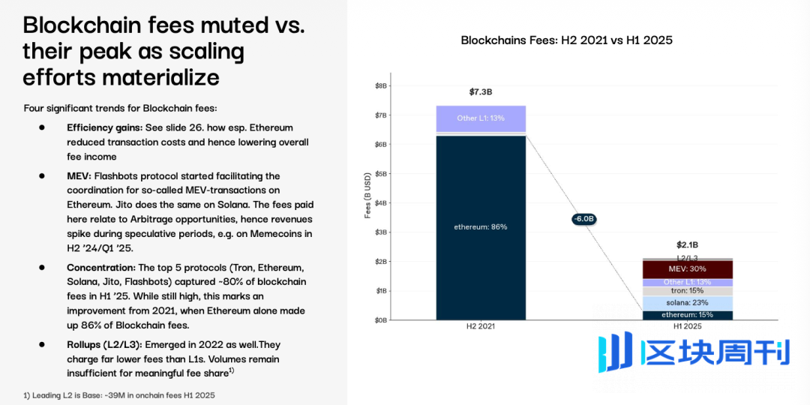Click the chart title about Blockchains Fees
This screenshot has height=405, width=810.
coord(571,40)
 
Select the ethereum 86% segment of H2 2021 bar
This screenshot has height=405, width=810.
coord(480,227)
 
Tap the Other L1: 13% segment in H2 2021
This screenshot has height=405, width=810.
coord(480,118)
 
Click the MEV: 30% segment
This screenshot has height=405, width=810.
coord(687,268)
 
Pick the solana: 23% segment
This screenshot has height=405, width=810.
coord(687,303)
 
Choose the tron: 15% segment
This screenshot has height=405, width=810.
coord(687,291)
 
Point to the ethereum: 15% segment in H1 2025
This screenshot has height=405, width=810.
coord(687,315)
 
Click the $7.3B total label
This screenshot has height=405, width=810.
coord(481,92)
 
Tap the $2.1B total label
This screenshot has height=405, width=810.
coord(687,245)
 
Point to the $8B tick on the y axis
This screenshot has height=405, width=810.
coord(381,86)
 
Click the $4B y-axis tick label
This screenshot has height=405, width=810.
coord(381,203)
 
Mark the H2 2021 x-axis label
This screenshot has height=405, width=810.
coord(481,327)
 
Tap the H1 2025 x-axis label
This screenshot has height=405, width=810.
coord(687,327)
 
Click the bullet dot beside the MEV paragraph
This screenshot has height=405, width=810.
coord(42,176)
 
